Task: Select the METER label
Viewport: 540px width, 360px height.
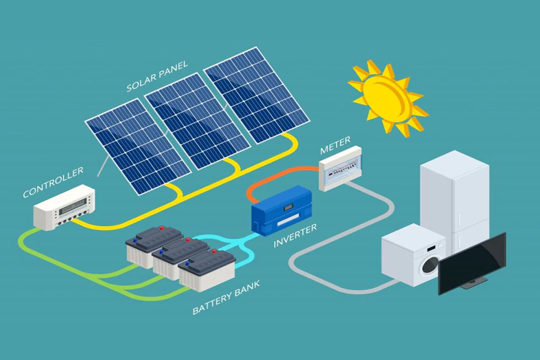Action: click(x=335, y=145)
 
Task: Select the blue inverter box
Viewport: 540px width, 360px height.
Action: click(x=283, y=208)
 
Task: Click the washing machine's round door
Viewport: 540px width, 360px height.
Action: click(x=430, y=265)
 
